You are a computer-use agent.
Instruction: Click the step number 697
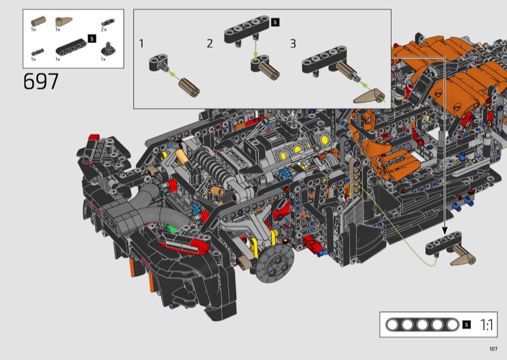click(x=41, y=81)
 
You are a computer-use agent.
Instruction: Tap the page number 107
click(x=493, y=349)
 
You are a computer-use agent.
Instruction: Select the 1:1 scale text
click(x=487, y=325)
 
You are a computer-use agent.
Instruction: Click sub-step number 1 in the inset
click(x=141, y=44)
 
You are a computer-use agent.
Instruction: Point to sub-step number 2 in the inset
click(x=210, y=44)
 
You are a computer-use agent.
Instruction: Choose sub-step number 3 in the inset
click(x=293, y=44)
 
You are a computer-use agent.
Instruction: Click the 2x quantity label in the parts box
click(x=103, y=29)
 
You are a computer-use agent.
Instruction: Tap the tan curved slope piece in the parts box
click(x=63, y=22)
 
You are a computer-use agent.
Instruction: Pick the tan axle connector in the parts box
click(x=38, y=22)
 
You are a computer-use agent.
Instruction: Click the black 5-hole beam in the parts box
click(x=71, y=48)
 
